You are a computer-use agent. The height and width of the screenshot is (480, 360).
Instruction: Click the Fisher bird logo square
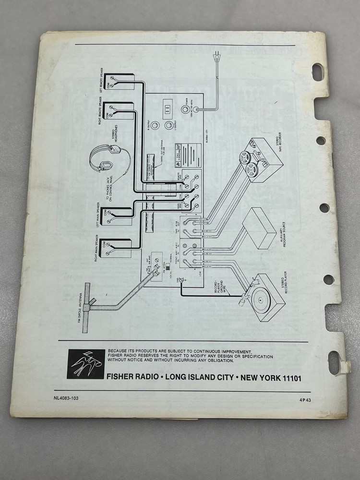pos(86,364)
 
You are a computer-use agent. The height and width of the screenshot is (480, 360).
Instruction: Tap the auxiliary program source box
pos(259,228)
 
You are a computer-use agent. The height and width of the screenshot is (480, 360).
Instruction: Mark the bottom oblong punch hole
pos(335,362)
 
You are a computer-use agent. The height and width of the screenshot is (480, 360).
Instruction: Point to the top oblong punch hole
pos(318,72)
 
